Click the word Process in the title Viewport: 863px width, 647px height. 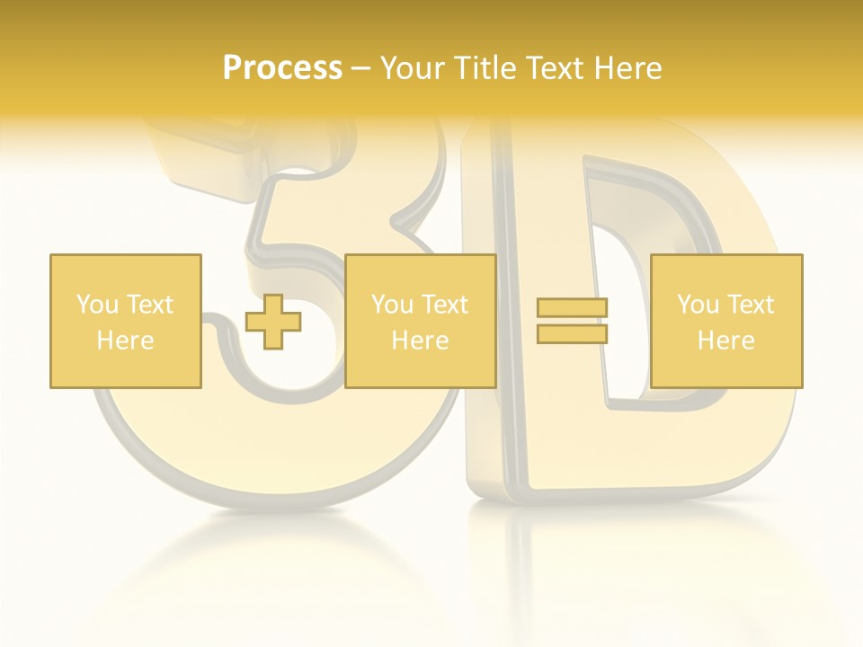coord(282,68)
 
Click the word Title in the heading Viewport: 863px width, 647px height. coord(482,68)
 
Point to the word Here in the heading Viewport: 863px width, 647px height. coord(629,68)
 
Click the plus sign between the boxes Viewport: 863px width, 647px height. coord(273,321)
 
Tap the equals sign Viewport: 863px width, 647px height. coord(572,321)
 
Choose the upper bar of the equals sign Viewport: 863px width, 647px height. coord(572,308)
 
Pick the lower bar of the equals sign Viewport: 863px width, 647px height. coord(572,333)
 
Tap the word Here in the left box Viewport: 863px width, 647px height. coord(126,341)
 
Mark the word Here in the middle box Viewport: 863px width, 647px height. coord(420,341)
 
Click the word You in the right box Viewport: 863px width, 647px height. coord(698,305)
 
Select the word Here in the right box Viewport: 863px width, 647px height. coord(726,341)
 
